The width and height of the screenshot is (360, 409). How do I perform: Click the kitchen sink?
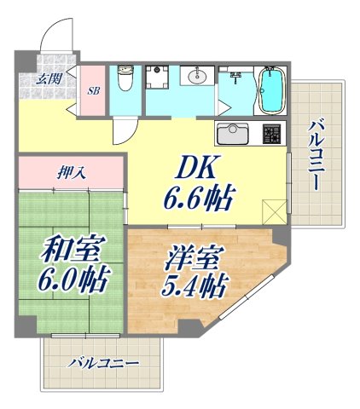click(233, 135)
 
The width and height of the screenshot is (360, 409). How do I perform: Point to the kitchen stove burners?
click(270, 135)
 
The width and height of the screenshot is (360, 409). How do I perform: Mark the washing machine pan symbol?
click(158, 78)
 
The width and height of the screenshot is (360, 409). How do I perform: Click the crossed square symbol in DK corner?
click(276, 209)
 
